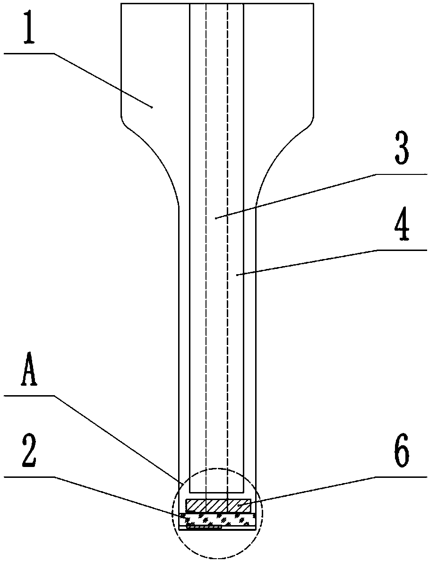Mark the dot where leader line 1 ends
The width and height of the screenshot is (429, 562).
pyautogui.click(x=152, y=107)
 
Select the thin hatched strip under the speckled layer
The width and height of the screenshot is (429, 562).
pyautogui.click(x=204, y=527)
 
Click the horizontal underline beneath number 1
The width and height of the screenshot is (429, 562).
pyautogui.click(x=28, y=54)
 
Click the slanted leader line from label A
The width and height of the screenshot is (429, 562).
pyautogui.click(x=118, y=435)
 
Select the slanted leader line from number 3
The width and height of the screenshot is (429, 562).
pyautogui.click(x=295, y=196)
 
